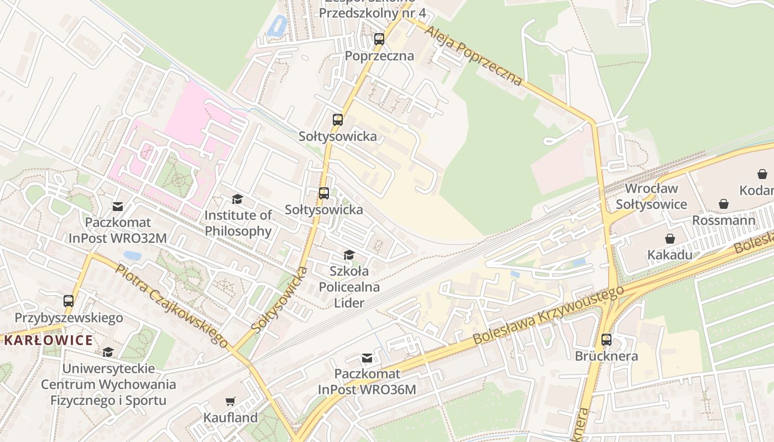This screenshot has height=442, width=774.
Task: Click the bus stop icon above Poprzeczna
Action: point(379,39)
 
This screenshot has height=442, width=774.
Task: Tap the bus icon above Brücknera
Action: point(606,340)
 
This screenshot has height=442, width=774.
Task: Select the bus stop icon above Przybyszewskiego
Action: point(69,301)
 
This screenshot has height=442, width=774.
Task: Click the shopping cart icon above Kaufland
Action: point(231,402)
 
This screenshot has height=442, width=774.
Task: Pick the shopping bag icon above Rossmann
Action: point(724,204)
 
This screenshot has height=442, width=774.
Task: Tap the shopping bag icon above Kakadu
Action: point(670,239)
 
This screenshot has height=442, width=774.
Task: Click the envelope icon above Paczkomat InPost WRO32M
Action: point(118,207)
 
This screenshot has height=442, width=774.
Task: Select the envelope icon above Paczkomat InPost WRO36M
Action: point(367,358)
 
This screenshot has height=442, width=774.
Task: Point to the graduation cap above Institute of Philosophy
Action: point(238,199)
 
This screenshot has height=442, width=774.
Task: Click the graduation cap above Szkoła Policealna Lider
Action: point(349,255)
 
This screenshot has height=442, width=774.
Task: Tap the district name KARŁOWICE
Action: point(49,340)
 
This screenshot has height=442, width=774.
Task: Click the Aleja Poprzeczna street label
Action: point(473,55)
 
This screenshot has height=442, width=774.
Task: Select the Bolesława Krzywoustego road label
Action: point(548,315)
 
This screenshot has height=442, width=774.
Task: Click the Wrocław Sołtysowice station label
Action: point(651,196)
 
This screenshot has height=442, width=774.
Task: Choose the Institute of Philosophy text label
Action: point(238,223)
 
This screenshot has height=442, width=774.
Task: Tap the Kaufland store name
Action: point(231,418)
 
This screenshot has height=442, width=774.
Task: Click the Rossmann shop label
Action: point(724,220)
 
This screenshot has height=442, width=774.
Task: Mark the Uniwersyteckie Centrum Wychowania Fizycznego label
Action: point(108,384)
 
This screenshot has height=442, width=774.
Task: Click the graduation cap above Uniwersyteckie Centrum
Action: point(108,352)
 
